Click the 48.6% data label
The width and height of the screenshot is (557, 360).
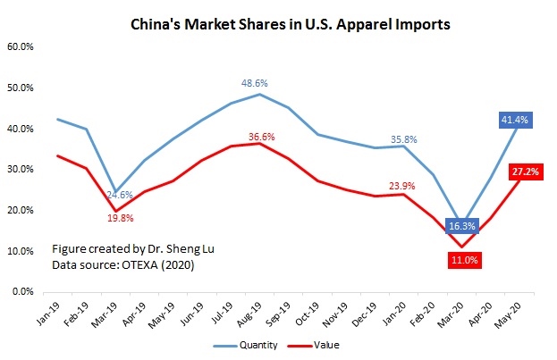tap(254, 83)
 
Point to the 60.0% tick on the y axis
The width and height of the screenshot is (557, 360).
tap(22, 47)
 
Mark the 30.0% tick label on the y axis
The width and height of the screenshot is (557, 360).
tap(22, 170)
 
